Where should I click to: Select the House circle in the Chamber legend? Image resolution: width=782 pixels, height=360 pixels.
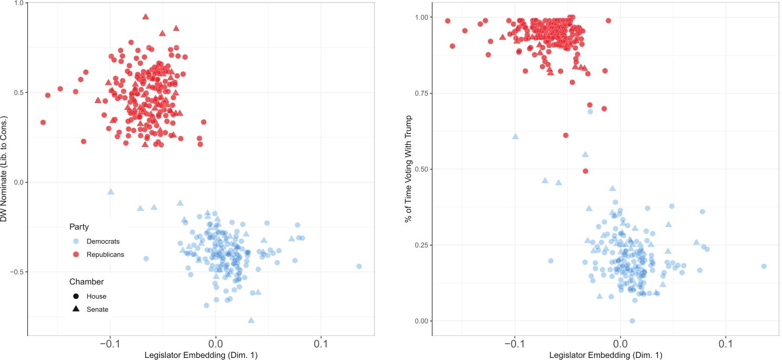pos(76,296)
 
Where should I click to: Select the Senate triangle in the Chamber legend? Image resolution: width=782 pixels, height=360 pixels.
pos(76,309)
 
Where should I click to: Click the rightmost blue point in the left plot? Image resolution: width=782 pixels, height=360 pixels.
pos(359,266)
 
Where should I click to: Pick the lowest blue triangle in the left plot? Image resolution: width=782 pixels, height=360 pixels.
pos(251,320)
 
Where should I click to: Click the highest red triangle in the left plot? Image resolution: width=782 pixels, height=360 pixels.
pos(146,17)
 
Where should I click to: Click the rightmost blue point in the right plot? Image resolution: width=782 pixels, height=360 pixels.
pos(764,266)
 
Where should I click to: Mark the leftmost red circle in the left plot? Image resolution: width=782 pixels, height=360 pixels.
pos(43,122)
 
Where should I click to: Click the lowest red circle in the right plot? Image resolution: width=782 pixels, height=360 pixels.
pos(586,171)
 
